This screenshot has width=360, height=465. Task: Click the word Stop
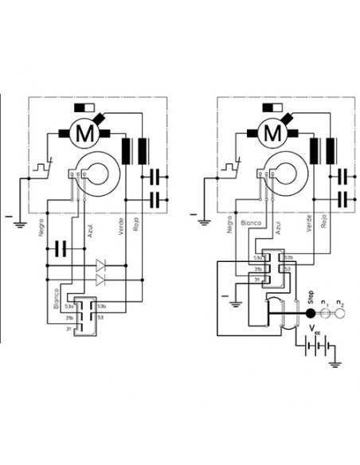(311, 303)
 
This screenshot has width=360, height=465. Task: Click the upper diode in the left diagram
(100, 264)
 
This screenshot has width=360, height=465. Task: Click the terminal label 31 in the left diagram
(69, 327)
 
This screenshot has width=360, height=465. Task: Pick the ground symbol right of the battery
(338, 363)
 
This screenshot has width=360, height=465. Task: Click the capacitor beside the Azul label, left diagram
(60, 249)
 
